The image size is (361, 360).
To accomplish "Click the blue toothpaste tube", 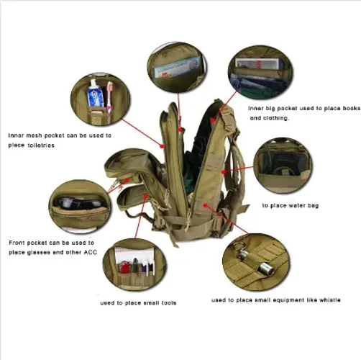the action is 95,94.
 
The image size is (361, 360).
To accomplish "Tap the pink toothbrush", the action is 109,96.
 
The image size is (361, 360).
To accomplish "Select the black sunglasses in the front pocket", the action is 80,203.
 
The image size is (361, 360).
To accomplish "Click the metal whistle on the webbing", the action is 257,261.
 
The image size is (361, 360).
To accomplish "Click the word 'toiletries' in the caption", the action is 41,145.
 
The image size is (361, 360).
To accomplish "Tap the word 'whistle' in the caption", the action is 330,300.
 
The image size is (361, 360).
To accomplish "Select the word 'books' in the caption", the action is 351,108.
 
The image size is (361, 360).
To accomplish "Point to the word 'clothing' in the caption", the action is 275,118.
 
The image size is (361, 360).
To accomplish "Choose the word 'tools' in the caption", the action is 168,303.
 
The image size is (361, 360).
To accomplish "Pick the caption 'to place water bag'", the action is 291,206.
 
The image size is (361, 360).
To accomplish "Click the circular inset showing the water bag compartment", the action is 283,166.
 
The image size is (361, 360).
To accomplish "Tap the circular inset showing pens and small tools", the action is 134,264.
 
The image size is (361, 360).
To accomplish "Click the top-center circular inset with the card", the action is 177,68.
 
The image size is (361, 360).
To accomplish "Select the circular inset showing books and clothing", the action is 260,72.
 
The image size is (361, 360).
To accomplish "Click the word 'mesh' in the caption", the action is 34,135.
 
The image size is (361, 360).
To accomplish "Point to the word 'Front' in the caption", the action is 17,243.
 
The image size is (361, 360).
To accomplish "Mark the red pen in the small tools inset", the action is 124,268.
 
